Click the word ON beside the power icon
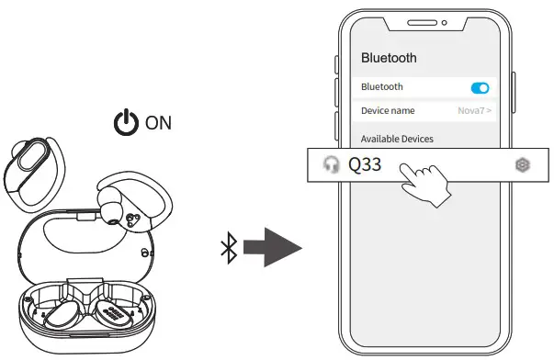tap(158, 122)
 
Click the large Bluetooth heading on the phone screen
tap(389, 58)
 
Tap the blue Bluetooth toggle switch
tap(480, 87)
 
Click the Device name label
tap(388, 110)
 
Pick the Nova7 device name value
tap(474, 111)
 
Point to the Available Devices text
tap(397, 139)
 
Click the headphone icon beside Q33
tap(331, 165)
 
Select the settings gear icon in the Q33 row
tap(523, 165)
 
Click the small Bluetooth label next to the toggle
tap(382, 87)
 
